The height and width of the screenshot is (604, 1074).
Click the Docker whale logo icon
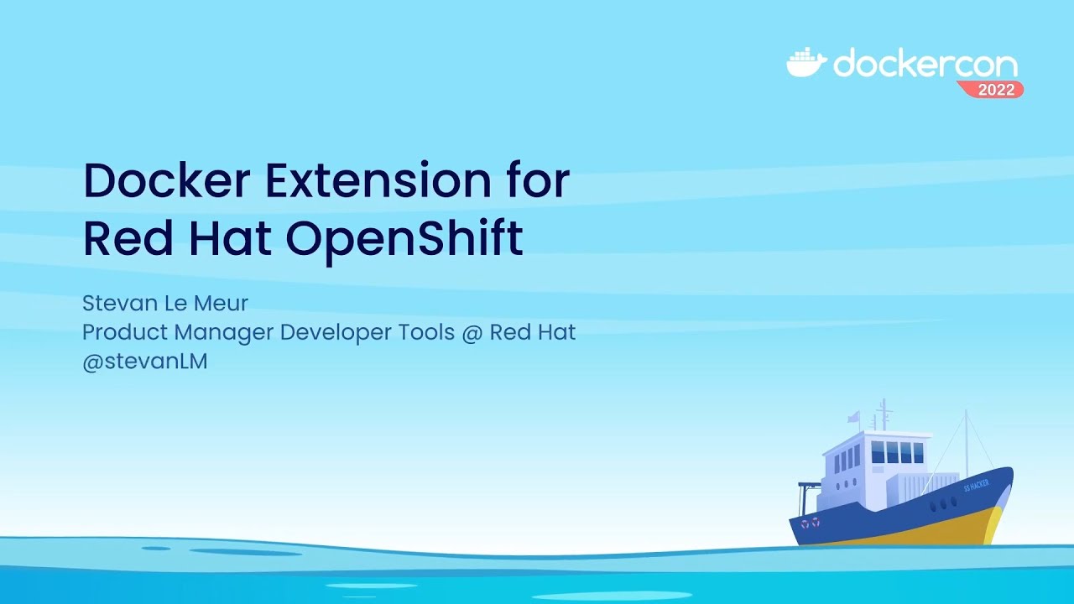click(806, 63)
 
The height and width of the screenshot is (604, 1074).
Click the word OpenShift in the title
click(404, 237)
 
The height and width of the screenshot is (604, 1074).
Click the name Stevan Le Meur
click(165, 302)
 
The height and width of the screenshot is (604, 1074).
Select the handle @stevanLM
click(144, 362)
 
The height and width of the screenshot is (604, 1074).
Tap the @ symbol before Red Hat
click(470, 333)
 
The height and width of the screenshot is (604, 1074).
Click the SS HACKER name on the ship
click(976, 485)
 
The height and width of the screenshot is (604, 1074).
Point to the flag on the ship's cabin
click(853, 417)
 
